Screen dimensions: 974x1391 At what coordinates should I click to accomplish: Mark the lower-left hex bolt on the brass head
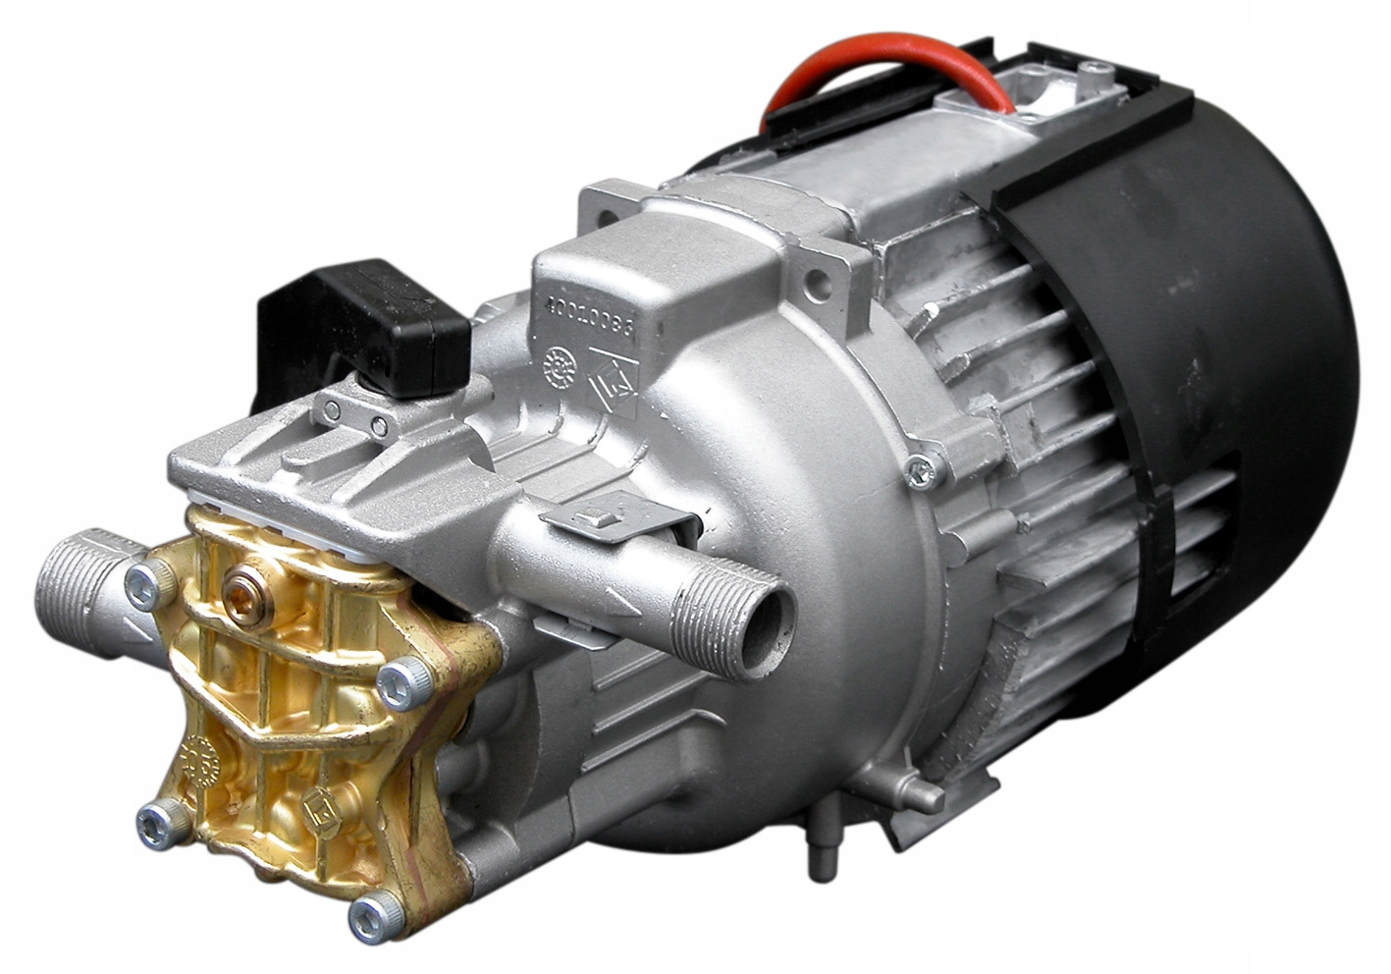click(157, 815)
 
